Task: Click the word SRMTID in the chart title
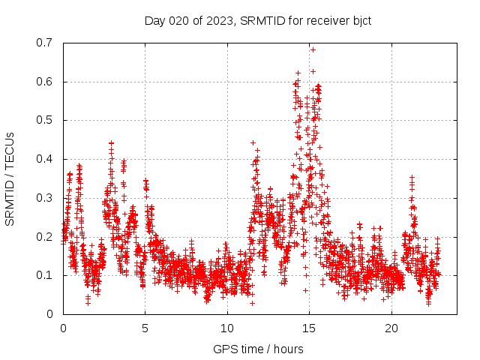pos(258,20)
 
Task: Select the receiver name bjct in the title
pos(359,20)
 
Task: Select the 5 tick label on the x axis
pos(145,328)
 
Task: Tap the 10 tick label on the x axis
pos(227,328)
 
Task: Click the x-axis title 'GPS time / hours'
pos(258,349)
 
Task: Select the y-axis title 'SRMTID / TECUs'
pos(10,178)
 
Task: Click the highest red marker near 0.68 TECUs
pos(313,49)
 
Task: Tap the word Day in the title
pos(154,20)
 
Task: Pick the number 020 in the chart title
pos(180,20)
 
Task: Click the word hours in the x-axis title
pos(289,349)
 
